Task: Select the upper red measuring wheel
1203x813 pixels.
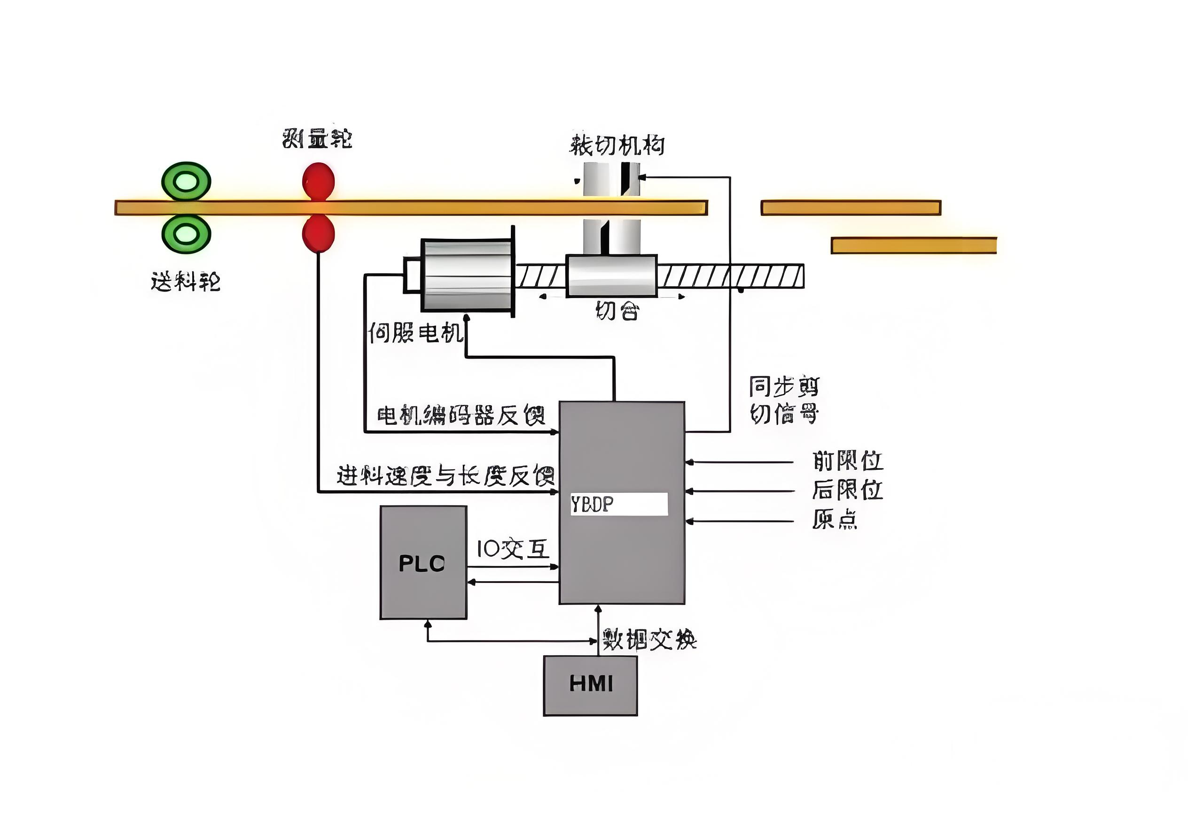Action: [318, 181]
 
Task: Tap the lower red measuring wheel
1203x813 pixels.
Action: [318, 234]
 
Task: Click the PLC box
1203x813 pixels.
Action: [423, 563]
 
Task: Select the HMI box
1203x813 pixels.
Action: [590, 686]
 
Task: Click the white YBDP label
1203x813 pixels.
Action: [619, 504]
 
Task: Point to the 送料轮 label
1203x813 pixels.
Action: [186, 282]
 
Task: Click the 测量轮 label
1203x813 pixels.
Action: [317, 138]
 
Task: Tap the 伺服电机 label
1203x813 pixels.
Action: [414, 332]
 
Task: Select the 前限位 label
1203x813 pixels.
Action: [847, 461]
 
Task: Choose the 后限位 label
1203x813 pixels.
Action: [847, 490]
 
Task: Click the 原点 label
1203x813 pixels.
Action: [835, 519]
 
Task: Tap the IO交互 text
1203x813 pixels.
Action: [513, 549]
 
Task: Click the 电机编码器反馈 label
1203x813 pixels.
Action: [461, 415]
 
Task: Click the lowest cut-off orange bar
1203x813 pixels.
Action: [914, 245]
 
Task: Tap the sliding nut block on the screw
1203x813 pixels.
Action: [611, 276]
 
